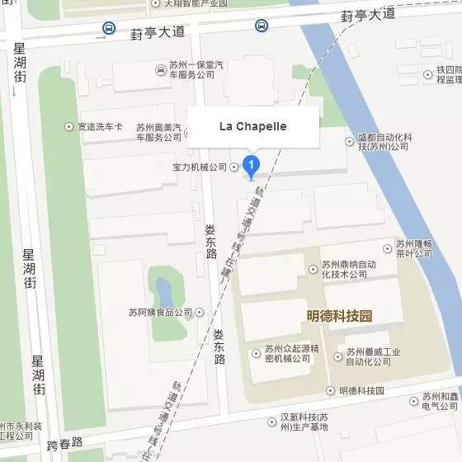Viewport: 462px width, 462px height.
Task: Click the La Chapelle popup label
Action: (252, 127)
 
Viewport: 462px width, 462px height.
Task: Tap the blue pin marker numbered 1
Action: (252, 166)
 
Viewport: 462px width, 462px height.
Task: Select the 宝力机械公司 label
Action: (199, 167)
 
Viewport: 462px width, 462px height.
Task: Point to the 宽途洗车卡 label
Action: (100, 126)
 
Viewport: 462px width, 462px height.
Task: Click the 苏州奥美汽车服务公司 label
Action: (158, 133)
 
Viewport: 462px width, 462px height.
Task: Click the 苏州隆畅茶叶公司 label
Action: (413, 248)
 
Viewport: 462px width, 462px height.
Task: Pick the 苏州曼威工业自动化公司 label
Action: (373, 357)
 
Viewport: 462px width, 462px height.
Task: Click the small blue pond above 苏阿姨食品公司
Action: (163, 290)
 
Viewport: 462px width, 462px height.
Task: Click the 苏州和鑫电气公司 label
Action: (439, 402)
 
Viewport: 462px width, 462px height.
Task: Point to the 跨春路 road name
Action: (66, 443)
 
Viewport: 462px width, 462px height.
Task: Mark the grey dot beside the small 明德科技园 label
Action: (331, 390)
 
